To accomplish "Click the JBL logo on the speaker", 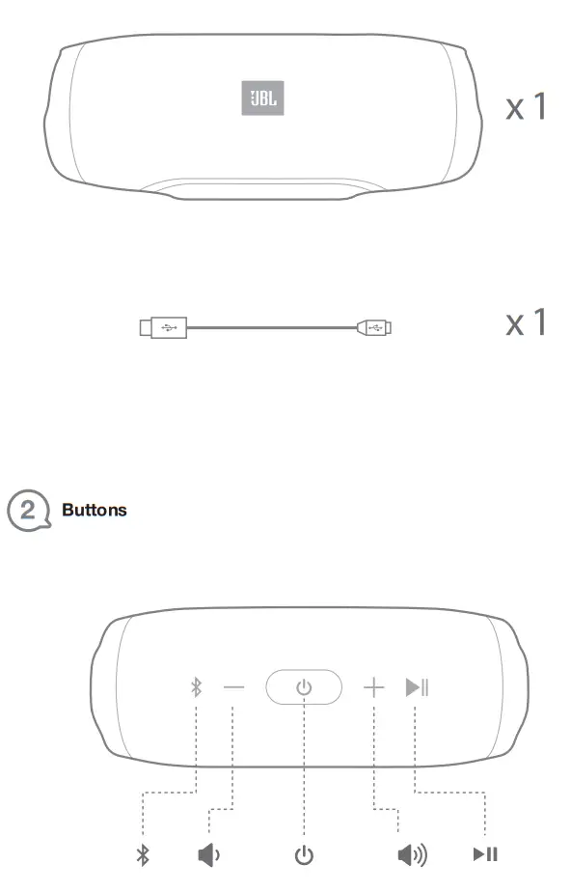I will coord(261,98).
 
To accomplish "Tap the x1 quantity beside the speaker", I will coord(526,107).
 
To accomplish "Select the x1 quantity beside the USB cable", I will coord(526,322).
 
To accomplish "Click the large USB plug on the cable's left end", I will coord(161,328).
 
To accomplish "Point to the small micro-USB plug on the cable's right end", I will coord(376,328).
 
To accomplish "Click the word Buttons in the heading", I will coord(94,510).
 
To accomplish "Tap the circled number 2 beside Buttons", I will coord(28,510).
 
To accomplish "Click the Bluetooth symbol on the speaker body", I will coord(197,687).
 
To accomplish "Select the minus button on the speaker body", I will coord(234,687).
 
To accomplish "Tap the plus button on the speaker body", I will coord(373,687).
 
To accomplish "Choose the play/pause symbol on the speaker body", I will coord(417,687).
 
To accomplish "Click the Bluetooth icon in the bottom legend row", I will coord(143,854).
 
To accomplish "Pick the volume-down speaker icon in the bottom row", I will coord(208,854).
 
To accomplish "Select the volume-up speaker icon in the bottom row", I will coord(413,854).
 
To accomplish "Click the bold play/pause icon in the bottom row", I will coord(485,854).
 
